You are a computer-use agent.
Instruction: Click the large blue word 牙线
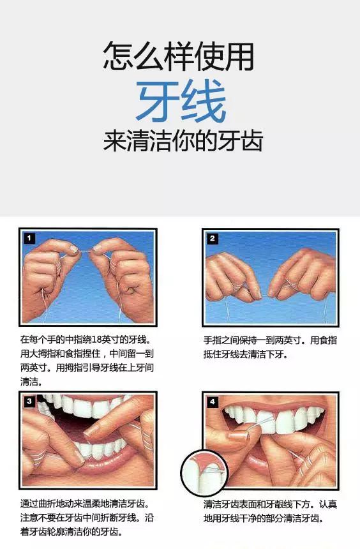pyautogui.click(x=181, y=102)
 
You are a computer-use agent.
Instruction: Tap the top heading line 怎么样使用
pyautogui.click(x=179, y=57)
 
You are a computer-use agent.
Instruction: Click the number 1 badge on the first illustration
pyautogui.click(x=28, y=238)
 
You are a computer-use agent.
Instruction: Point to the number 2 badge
pyautogui.click(x=213, y=238)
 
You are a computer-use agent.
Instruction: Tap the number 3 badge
pyautogui.click(x=29, y=401)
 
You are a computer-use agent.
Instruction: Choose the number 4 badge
pyautogui.click(x=213, y=402)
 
